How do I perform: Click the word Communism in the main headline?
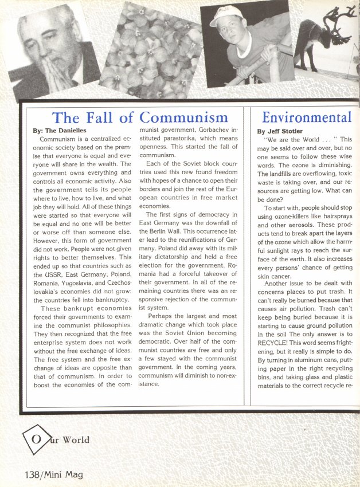point(183,118)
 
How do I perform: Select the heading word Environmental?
point(306,117)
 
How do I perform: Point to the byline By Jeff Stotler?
point(281,131)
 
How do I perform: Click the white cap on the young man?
point(225,15)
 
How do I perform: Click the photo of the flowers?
point(150,49)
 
